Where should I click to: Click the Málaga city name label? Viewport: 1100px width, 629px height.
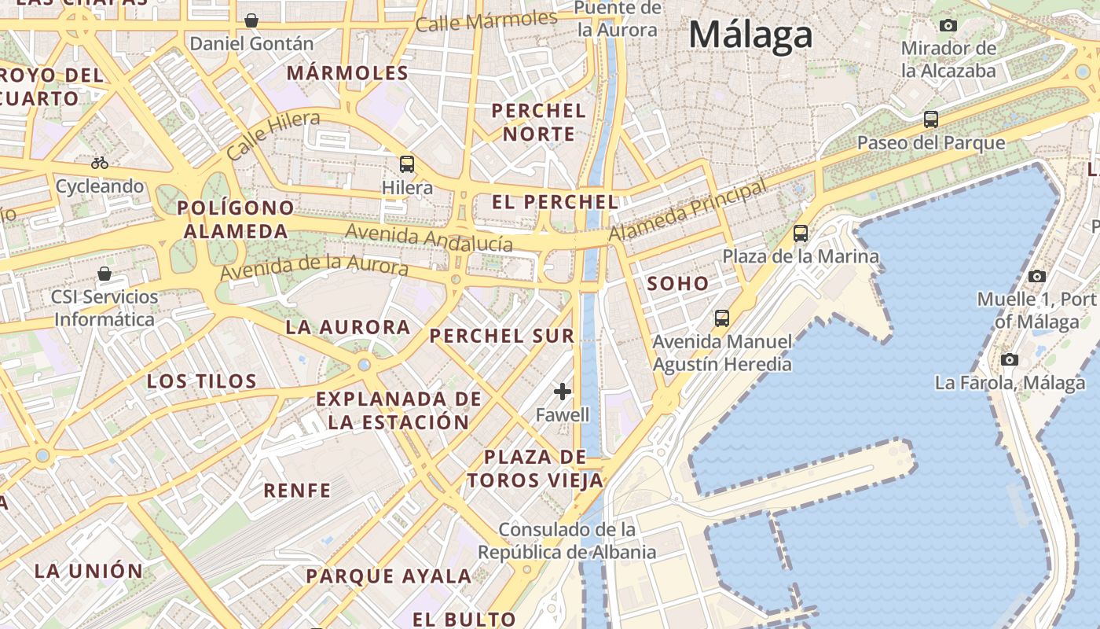[750, 35]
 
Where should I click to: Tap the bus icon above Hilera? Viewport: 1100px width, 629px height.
[407, 164]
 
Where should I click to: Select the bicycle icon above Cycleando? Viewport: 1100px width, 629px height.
[100, 164]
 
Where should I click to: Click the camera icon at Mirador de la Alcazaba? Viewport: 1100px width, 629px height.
[948, 25]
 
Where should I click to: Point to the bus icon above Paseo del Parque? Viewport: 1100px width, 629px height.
[931, 120]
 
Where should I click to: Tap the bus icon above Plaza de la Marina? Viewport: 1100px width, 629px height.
[801, 234]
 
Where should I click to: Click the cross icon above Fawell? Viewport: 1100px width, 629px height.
[563, 391]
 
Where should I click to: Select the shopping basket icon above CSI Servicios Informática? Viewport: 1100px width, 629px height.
[104, 274]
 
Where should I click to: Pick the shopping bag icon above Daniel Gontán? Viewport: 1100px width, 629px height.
[251, 20]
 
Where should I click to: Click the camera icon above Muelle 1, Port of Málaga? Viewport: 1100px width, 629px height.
[1037, 276]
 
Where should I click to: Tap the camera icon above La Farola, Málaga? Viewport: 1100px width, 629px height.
[1010, 360]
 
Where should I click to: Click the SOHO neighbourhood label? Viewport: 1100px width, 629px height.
[677, 284]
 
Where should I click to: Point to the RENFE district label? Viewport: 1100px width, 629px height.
[297, 491]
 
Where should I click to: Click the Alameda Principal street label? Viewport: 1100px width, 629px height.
[687, 212]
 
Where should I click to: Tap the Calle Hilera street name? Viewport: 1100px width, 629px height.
[273, 134]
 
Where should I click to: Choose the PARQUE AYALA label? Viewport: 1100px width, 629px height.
[389, 576]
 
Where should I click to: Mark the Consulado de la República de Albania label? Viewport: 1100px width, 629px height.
[566, 541]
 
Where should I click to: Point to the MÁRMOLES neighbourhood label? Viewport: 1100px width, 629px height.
[347, 74]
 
